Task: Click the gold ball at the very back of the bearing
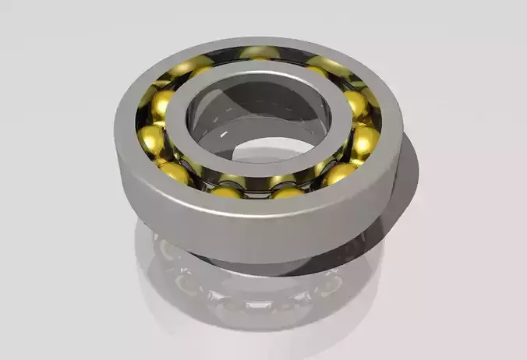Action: [260, 53]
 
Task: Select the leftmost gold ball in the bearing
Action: [151, 139]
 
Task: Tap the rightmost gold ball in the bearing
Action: [365, 140]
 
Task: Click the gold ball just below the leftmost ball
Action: [175, 172]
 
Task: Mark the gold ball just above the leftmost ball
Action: [163, 103]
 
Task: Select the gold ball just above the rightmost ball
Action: [355, 103]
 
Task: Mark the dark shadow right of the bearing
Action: [405, 195]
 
